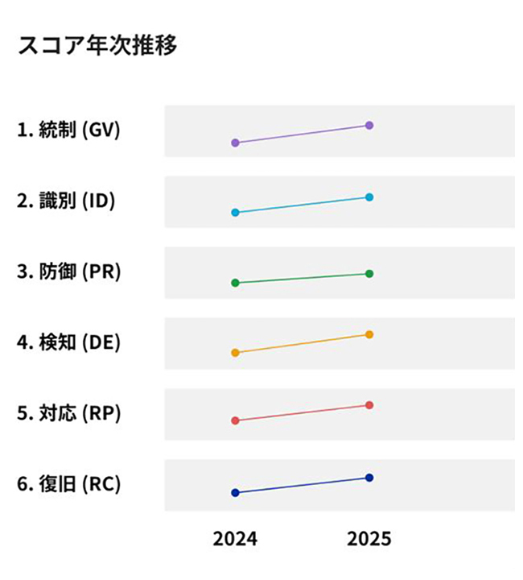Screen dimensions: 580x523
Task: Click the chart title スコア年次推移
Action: tap(97, 45)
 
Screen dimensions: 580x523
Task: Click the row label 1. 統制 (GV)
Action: tap(68, 130)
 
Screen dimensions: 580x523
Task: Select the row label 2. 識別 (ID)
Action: tap(66, 201)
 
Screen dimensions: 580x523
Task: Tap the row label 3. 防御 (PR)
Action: tap(68, 271)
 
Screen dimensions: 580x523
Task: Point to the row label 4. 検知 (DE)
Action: tap(68, 342)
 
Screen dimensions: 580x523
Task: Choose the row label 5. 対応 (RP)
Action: tap(68, 413)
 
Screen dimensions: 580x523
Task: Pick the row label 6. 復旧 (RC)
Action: tap(68, 484)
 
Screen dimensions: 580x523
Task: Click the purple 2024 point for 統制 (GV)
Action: tap(235, 143)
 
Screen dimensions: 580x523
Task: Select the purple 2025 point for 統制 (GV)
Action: tap(369, 125)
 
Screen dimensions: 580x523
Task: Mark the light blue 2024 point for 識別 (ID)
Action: tap(235, 213)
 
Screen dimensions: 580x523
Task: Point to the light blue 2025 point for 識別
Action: tap(369, 197)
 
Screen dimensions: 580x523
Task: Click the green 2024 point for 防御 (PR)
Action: tap(235, 283)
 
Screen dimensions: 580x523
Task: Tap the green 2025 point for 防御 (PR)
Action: tap(369, 274)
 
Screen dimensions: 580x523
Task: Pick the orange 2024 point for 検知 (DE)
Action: tap(235, 353)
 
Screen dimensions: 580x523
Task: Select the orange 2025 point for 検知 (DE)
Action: tap(369, 334)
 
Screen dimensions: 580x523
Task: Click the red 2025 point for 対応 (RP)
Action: tap(369, 404)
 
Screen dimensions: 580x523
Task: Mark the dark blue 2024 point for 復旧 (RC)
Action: tap(235, 492)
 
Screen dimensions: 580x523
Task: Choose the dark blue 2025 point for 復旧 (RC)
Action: tap(369, 478)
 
